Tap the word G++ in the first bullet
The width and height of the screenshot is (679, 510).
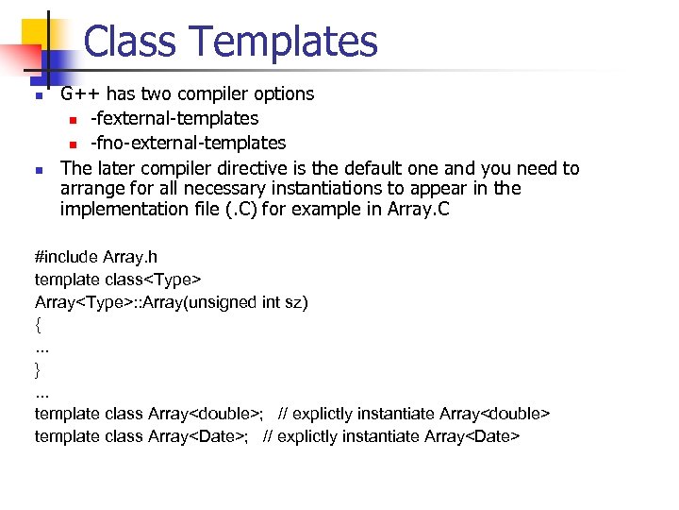click(80, 93)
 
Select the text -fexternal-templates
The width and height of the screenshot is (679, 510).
click(174, 118)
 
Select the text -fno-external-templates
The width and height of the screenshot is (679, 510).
click(188, 143)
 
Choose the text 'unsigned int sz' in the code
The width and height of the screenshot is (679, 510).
click(248, 302)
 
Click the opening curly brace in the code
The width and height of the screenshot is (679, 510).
click(38, 325)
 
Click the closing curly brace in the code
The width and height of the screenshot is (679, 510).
click(38, 369)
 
